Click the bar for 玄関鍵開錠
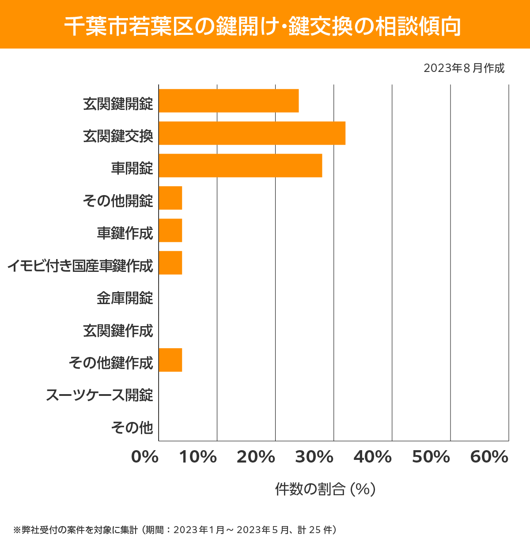pos(229,101)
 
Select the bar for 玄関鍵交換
pos(252,133)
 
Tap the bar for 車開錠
pos(240,166)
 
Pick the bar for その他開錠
pos(170,198)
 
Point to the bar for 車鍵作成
pos(170,230)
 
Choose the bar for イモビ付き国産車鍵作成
pos(170,263)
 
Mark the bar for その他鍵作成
pos(170,360)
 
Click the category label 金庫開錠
pos(125,298)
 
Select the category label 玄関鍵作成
pos(118,331)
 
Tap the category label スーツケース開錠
pos(99,395)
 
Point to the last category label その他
pos(132,427)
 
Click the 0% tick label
pos(145,457)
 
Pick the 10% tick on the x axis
pos(198,457)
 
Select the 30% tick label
pos(314,457)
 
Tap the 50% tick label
pos(431,457)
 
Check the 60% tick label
pos(489,457)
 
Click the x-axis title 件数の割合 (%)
pos(325,489)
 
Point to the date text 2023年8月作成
pos(464,68)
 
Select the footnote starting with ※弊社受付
pos(175,529)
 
